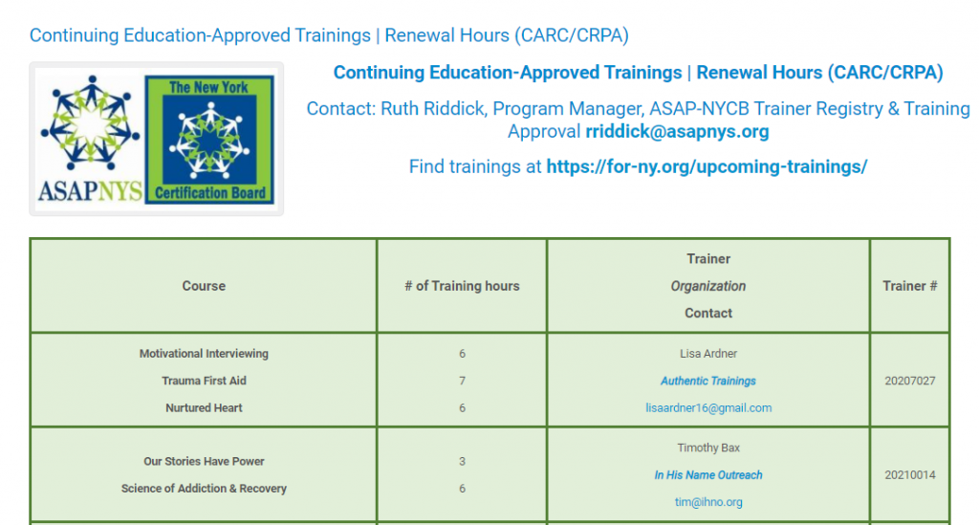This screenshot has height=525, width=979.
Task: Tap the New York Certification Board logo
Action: click(209, 140)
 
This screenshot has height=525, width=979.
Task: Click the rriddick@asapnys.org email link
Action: click(677, 132)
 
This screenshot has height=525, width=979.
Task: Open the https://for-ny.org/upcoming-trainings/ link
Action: click(707, 166)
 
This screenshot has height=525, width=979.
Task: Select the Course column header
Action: click(204, 286)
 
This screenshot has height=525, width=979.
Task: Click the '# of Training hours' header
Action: click(462, 286)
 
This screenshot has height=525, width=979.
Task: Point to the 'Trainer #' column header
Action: click(910, 286)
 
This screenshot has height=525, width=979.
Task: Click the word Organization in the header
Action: click(708, 286)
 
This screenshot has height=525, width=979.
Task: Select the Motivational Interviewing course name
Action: click(204, 353)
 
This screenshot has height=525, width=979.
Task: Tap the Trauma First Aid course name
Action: click(204, 381)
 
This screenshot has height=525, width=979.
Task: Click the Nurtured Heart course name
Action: click(204, 407)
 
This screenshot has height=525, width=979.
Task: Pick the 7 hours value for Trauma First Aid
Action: click(462, 381)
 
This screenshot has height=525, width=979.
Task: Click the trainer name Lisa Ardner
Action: click(708, 353)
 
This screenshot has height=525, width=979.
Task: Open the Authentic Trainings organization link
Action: click(708, 381)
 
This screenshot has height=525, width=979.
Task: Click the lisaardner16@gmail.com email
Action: click(708, 407)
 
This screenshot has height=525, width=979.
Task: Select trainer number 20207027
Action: click(910, 381)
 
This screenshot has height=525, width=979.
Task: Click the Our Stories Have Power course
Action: click(204, 461)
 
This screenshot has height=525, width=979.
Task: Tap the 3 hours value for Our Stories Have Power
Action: click(462, 461)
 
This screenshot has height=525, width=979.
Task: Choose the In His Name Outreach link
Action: click(708, 475)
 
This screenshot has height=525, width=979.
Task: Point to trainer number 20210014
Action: click(910, 475)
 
